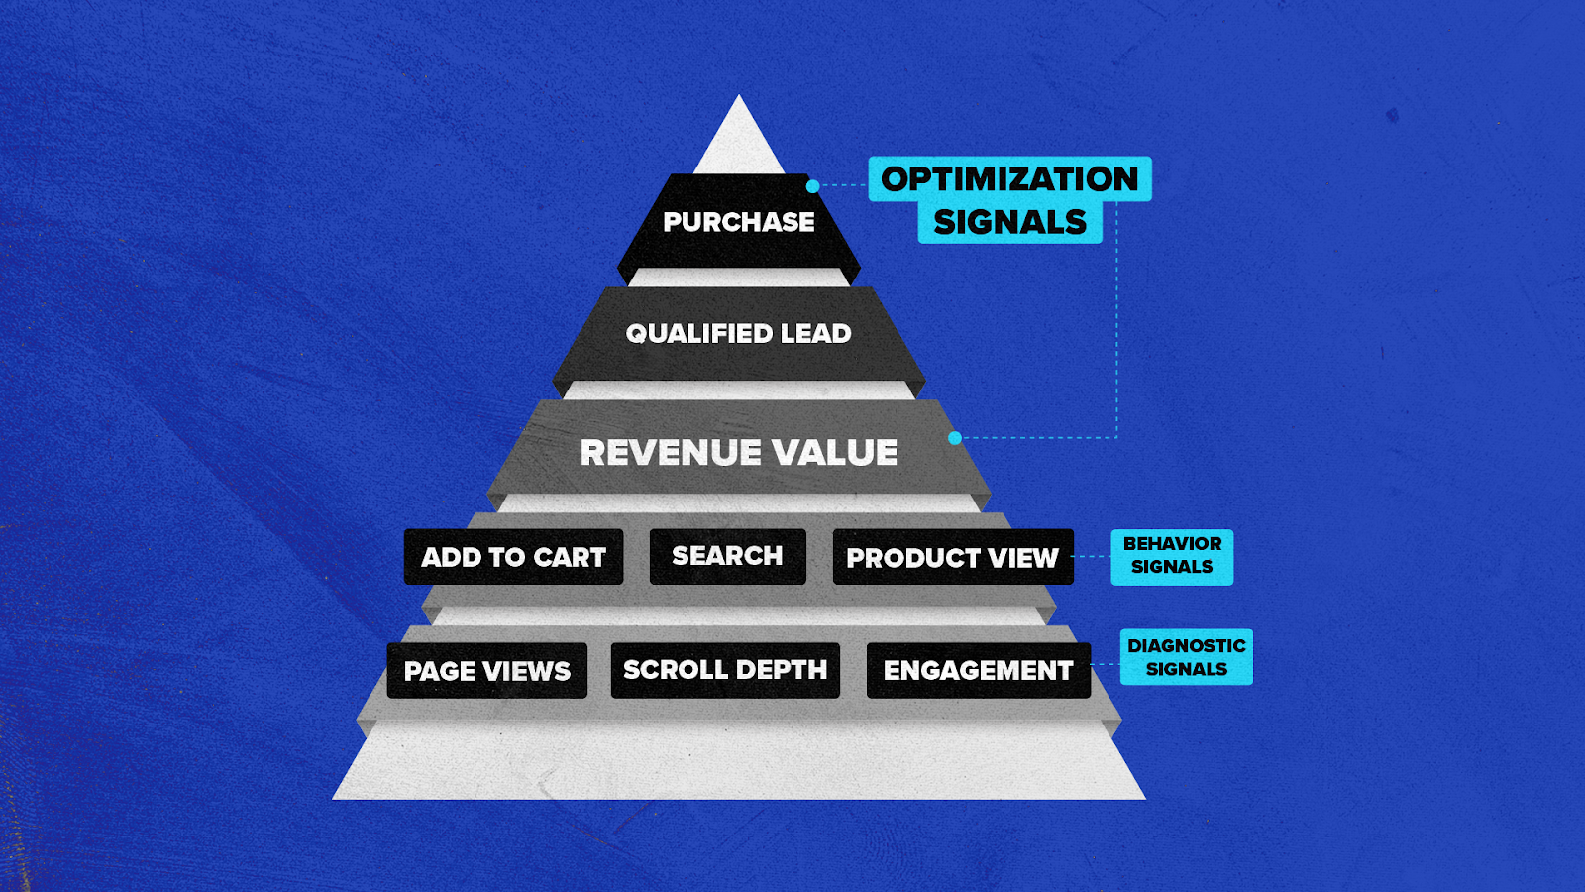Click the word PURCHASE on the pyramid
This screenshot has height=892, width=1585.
(739, 222)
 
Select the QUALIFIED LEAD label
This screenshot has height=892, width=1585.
(738, 334)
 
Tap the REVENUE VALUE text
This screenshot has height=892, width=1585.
(738, 453)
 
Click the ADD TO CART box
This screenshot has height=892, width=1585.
(513, 557)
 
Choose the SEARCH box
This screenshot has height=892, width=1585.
(727, 556)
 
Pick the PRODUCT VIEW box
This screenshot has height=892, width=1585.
(952, 558)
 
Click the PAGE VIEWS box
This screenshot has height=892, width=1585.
(486, 671)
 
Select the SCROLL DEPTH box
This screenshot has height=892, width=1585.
(725, 670)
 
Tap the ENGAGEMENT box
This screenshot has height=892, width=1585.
(978, 671)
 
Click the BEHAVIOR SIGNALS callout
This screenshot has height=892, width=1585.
(1172, 556)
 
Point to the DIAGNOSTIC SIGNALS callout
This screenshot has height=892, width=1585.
(1186, 657)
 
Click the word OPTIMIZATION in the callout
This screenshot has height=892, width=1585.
(1009, 179)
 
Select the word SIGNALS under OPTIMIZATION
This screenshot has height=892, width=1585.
(1009, 223)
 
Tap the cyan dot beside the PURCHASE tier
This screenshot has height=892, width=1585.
(812, 186)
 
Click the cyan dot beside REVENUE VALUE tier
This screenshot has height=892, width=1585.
(955, 438)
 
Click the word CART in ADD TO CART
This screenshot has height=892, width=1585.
(569, 557)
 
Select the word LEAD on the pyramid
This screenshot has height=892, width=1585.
(815, 334)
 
